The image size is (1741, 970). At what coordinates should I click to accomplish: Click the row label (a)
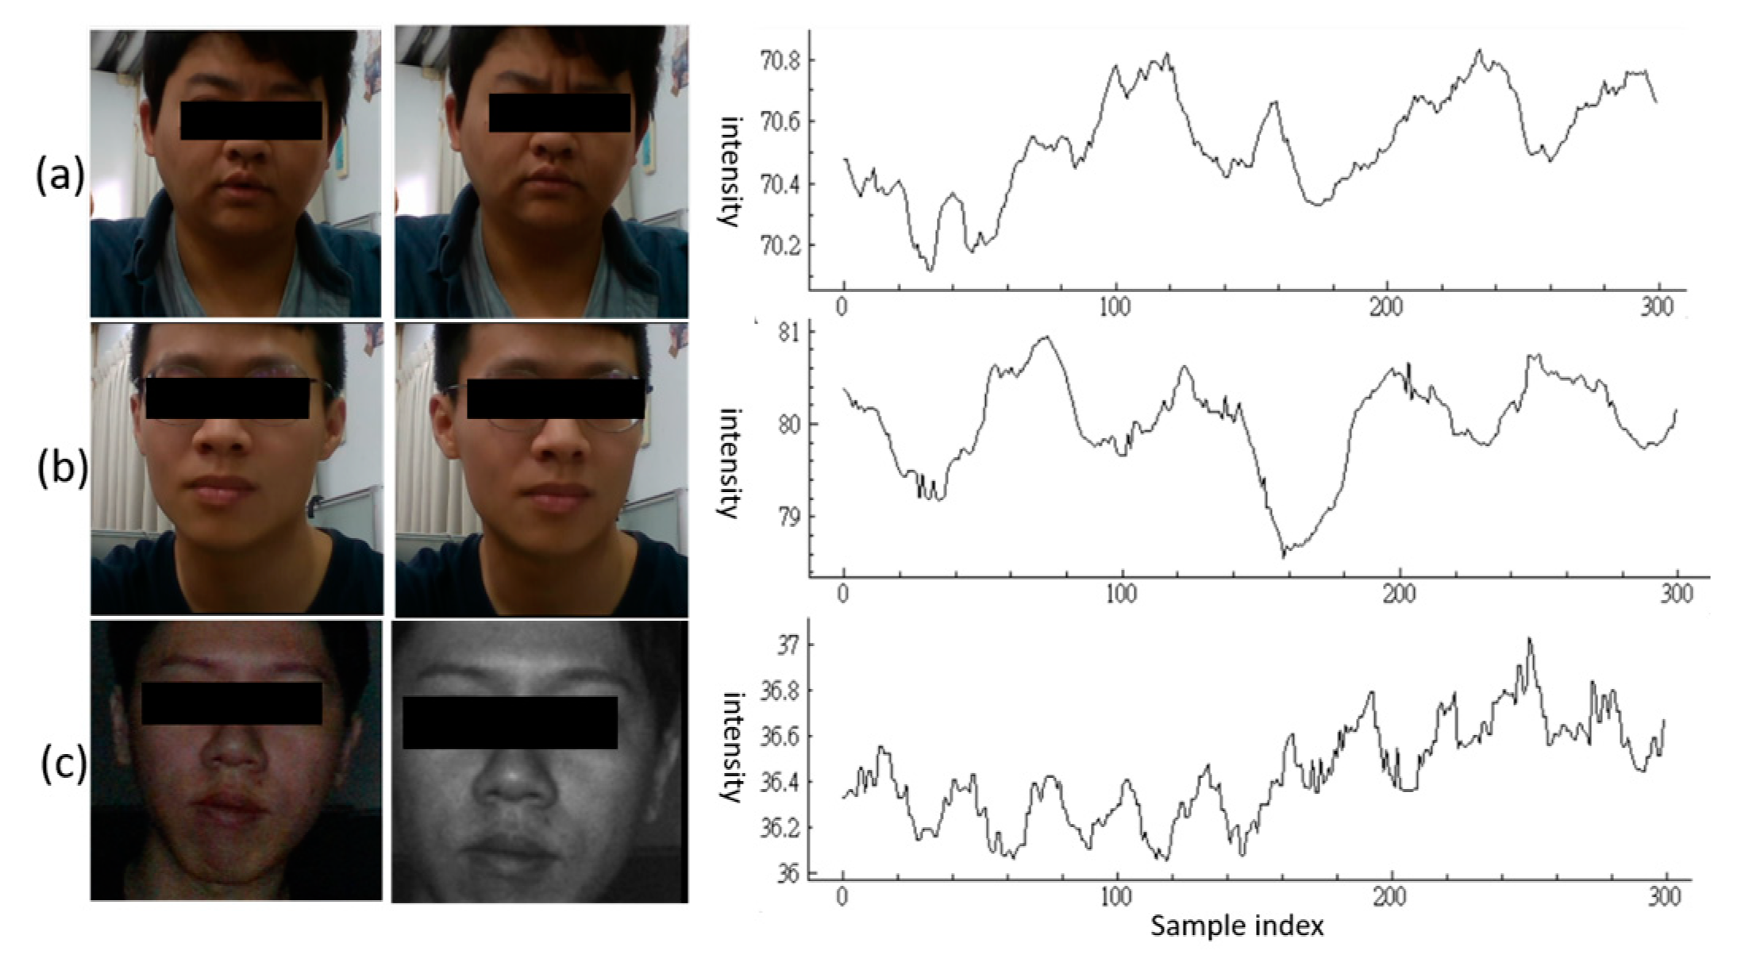coord(59,175)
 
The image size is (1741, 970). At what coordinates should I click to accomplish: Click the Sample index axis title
coord(1237,925)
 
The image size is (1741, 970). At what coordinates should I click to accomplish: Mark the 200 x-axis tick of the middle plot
coord(1399,594)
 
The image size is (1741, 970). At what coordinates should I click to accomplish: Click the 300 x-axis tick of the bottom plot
coord(1664,898)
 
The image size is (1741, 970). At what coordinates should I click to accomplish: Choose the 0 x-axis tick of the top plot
coord(843,307)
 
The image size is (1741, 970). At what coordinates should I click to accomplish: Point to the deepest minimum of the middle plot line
coord(1283,557)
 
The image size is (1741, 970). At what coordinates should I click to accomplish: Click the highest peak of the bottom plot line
coord(1530,639)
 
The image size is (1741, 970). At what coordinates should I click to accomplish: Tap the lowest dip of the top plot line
coord(930,271)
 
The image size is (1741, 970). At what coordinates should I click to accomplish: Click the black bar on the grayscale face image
coord(510,722)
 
